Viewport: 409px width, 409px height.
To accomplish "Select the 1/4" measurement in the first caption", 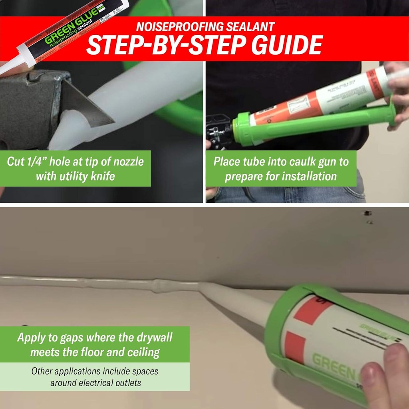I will [42, 162].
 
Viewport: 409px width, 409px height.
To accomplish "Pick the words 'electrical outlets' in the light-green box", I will [96, 383].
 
